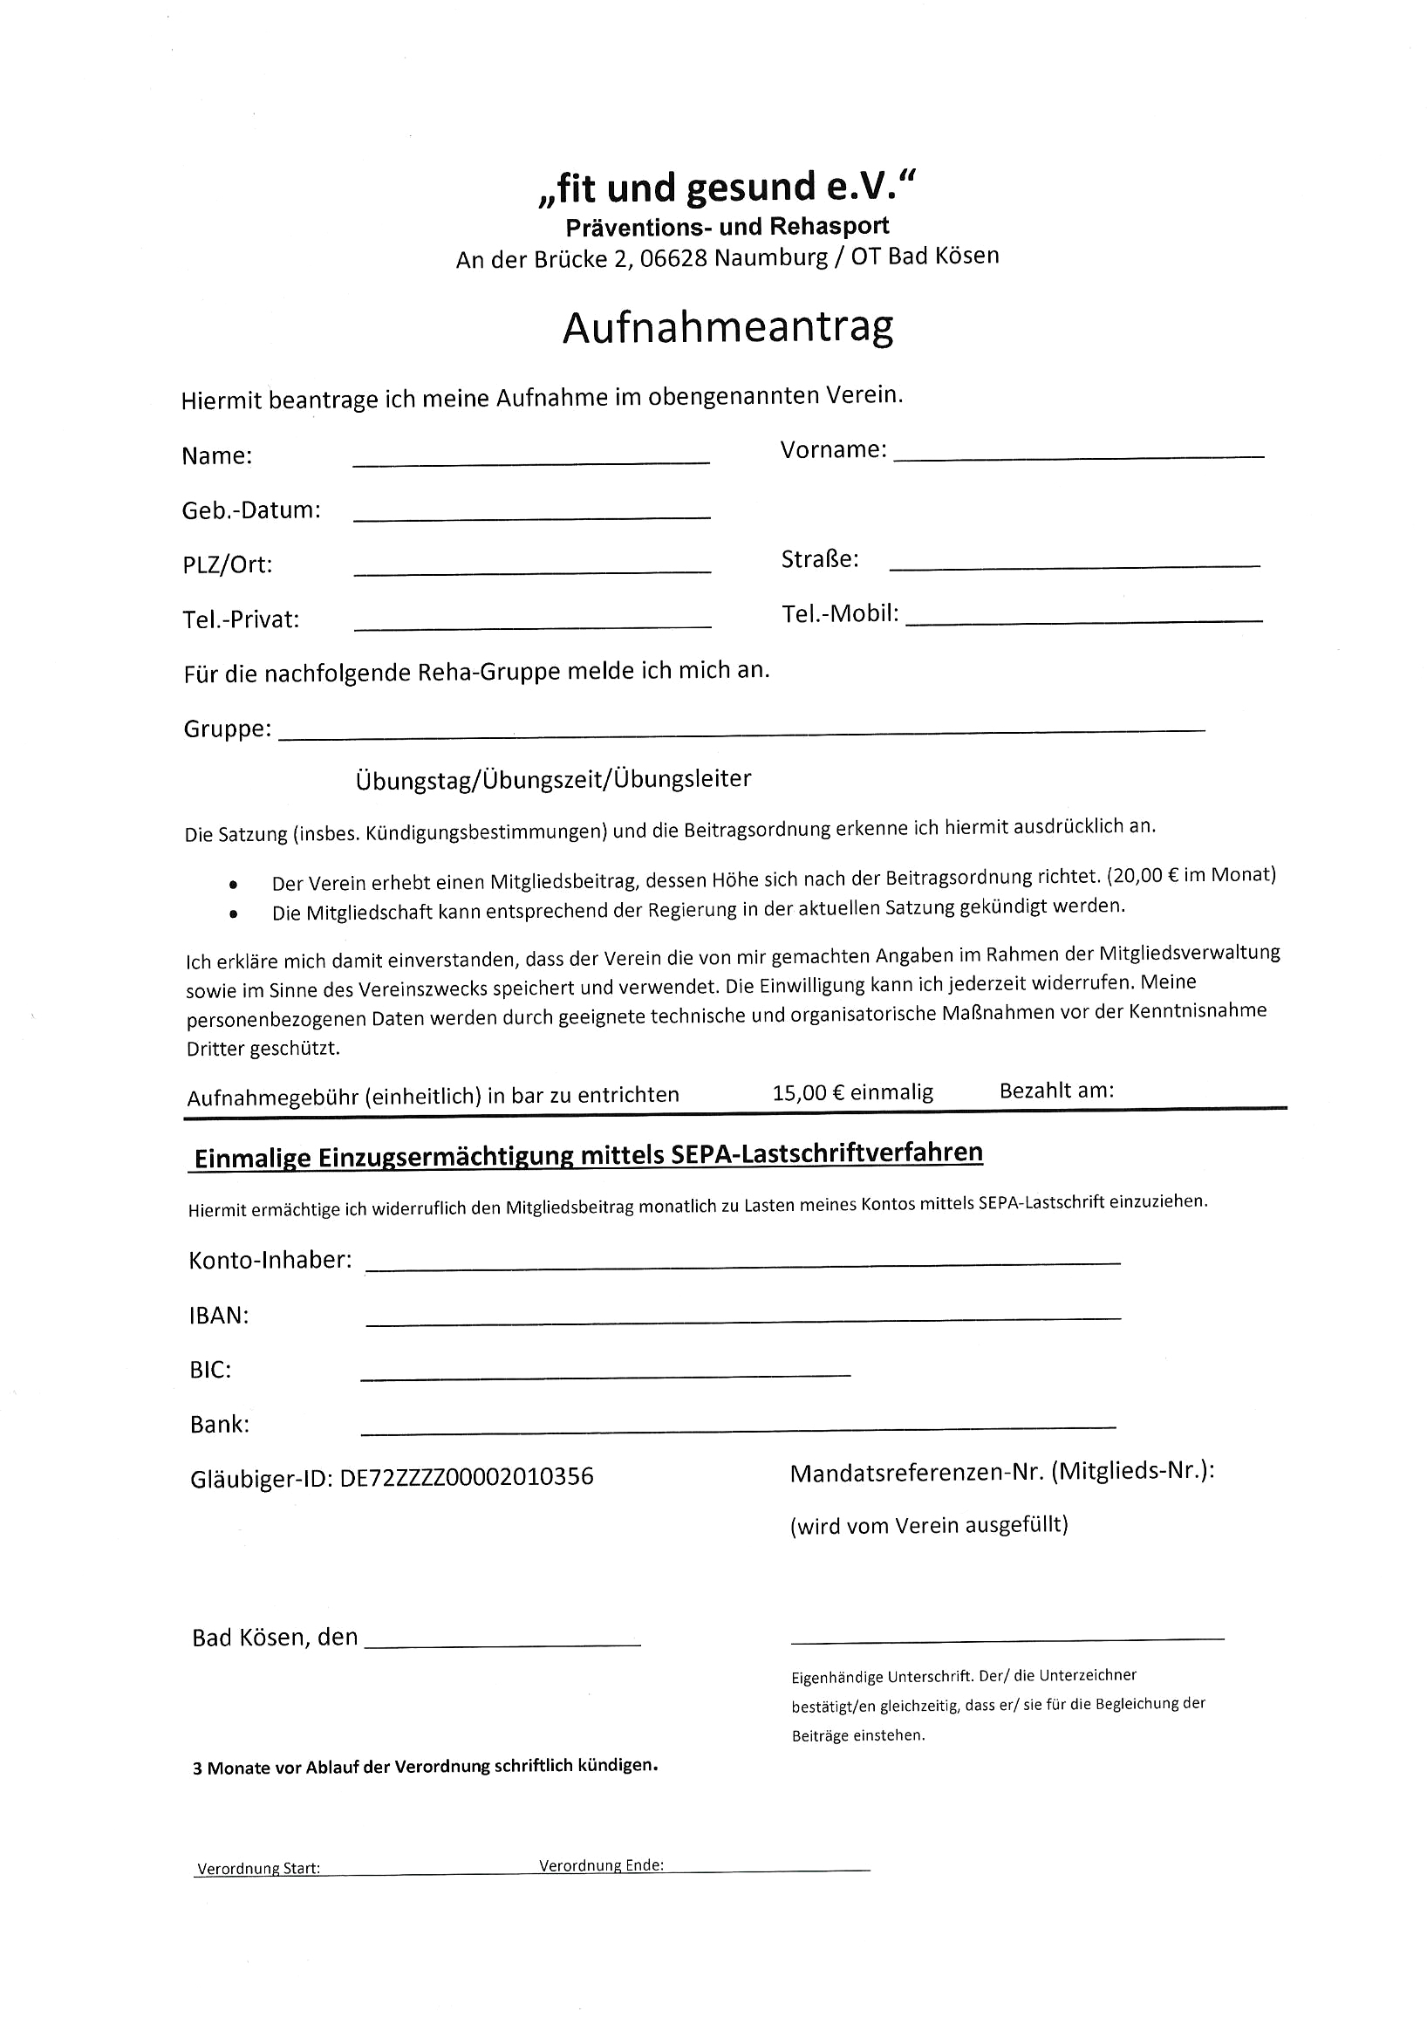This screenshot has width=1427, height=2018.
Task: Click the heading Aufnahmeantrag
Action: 727,328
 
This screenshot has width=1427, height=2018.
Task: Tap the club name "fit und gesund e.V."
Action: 727,188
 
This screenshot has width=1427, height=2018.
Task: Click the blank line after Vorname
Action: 1079,455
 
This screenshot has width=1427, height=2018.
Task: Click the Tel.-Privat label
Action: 241,619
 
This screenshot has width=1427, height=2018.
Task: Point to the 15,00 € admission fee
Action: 852,1092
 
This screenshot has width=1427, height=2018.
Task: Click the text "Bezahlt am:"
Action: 1056,1091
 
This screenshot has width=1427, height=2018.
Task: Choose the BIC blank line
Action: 605,1374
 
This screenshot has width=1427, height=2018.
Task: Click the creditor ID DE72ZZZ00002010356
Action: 467,1476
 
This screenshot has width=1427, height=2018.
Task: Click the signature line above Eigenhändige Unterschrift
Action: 1007,1638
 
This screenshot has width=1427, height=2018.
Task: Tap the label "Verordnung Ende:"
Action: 601,1864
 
